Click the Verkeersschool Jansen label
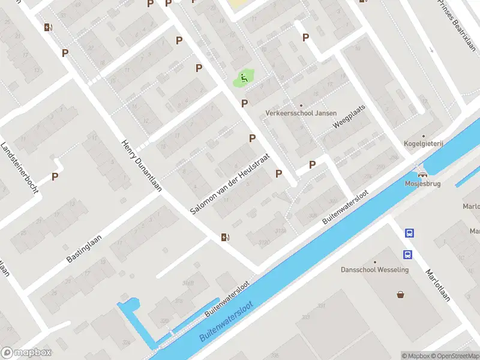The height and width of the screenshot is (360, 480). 301,113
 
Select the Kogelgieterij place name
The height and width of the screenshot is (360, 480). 423,143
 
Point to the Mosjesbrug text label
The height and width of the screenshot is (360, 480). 422,184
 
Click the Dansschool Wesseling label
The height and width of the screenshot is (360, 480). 375,269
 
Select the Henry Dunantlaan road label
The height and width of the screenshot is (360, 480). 142,166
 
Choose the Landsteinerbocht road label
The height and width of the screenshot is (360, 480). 20,167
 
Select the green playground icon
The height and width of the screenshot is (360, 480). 243,77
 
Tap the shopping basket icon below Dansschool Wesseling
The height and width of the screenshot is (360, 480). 400,294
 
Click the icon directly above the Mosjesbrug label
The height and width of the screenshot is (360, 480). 422,173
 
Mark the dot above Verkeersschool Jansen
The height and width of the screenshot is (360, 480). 301,106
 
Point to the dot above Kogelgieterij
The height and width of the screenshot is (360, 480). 423,136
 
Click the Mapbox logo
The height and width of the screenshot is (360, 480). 26,353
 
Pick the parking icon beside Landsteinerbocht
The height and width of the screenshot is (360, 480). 55,177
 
